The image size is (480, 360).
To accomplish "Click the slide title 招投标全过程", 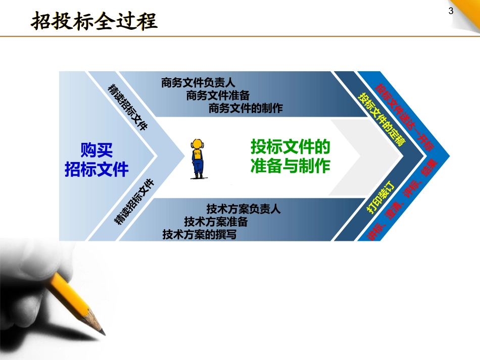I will pyautogui.click(x=94, y=22).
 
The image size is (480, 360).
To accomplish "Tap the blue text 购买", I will pyautogui.click(x=97, y=150).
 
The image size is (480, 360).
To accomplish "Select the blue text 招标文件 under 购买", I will pyautogui.click(x=97, y=169).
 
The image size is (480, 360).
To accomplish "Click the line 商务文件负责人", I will pyautogui.click(x=199, y=82).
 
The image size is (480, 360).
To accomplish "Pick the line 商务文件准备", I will pyautogui.click(x=218, y=95).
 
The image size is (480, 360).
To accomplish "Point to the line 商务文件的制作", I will pyautogui.click(x=246, y=108).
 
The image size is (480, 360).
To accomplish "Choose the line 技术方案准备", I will pyautogui.click(x=216, y=222).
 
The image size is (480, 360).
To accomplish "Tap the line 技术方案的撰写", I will pyautogui.click(x=200, y=235).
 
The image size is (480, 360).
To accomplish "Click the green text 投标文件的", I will pyautogui.click(x=291, y=147).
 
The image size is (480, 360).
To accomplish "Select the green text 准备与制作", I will pyautogui.click(x=291, y=166).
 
